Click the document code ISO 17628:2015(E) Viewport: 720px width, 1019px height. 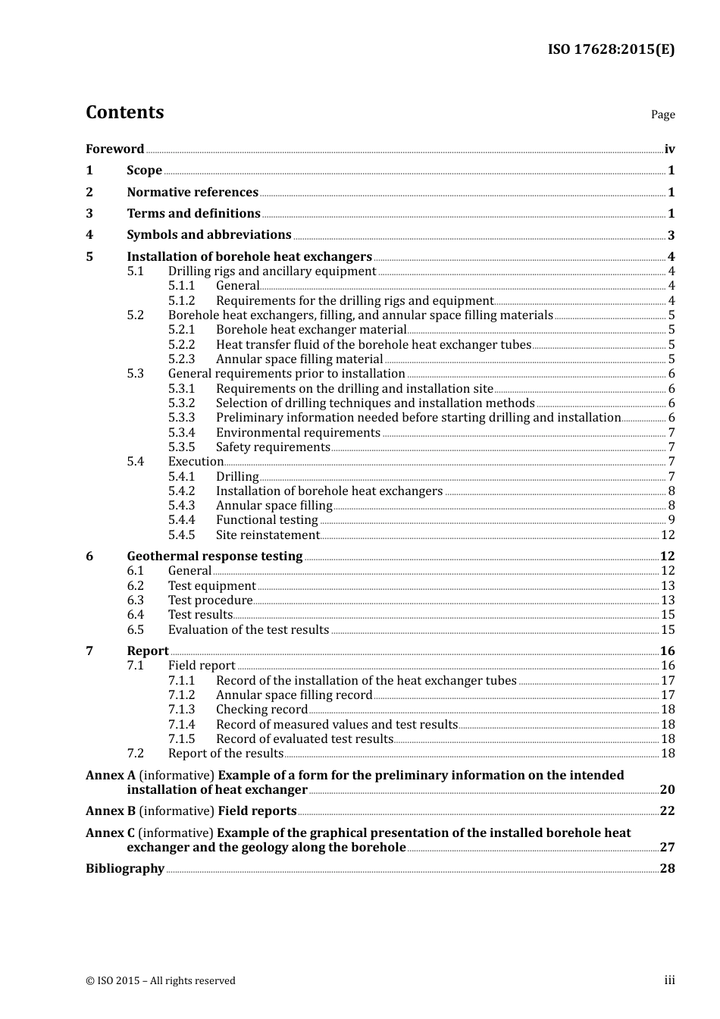pos(611,49)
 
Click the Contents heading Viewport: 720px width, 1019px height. pos(124,112)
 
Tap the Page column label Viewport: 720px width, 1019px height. pos(662,114)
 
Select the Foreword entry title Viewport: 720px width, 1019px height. pos(114,149)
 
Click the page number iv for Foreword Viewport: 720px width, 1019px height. pos(669,149)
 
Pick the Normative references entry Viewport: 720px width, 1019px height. pos(193,193)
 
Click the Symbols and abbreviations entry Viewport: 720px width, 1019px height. pos(209,235)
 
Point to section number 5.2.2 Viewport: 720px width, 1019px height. pos(181,345)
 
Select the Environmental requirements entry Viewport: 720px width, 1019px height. pos(298,433)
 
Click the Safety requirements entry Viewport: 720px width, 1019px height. pos(273,447)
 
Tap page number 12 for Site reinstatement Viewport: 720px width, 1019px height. pos(667,535)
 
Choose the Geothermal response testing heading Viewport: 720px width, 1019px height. pos(214,557)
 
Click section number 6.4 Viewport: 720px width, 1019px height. pos(135,615)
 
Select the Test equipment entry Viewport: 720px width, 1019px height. pos(211,586)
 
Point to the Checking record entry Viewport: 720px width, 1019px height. pos(261,710)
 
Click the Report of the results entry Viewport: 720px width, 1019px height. pos(225,754)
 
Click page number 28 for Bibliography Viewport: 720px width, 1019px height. pos(667,869)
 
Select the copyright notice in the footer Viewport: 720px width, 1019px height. pos(161,981)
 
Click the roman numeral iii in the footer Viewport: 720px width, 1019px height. pos(669,980)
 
